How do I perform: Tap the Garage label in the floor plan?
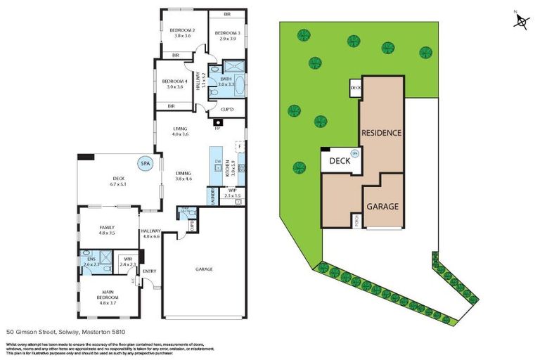pos(205,269)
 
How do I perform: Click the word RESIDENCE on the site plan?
pos(382,132)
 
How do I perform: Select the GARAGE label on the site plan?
pos(382,207)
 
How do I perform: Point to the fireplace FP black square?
pos(218,123)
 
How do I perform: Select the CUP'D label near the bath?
pos(227,110)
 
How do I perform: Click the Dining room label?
pos(184,176)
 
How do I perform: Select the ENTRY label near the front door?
pos(149,271)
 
